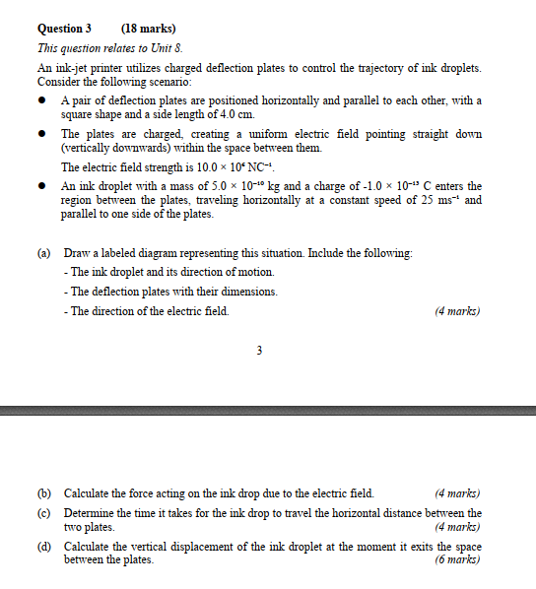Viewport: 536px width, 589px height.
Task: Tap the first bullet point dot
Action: pyautogui.click(x=43, y=101)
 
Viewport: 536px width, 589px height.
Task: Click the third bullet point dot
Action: pyautogui.click(x=43, y=186)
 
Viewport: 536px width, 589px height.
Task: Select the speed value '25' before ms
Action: pyautogui.click(x=430, y=200)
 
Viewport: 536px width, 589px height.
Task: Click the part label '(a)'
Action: pyautogui.click(x=44, y=253)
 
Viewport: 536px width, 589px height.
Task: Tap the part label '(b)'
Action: pyautogui.click(x=44, y=492)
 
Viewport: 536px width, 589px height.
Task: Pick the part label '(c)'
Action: pyautogui.click(x=44, y=513)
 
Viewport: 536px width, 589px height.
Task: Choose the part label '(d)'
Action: pyautogui.click(x=44, y=546)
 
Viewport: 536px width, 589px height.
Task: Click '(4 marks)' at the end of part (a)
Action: pyautogui.click(x=457, y=311)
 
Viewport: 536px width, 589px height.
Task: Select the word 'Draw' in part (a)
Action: pyautogui.click(x=77, y=253)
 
